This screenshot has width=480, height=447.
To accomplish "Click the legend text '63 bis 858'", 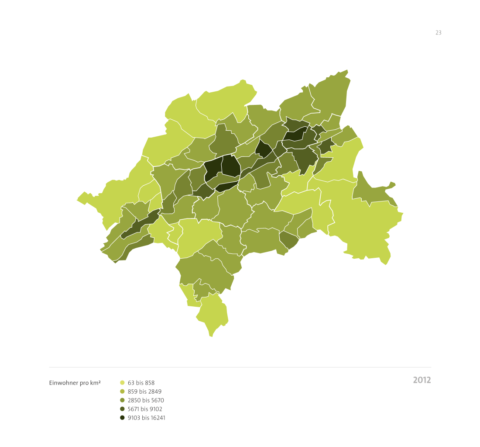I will pyautogui.click(x=141, y=383).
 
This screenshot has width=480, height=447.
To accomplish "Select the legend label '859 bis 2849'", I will pyautogui.click(x=144, y=392).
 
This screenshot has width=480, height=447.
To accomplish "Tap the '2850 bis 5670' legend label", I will pyautogui.click(x=146, y=400).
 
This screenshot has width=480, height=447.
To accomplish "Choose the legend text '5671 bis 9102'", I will pyautogui.click(x=146, y=409).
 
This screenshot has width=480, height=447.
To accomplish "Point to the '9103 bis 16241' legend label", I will pyautogui.click(x=146, y=418).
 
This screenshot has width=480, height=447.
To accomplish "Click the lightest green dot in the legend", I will pyautogui.click(x=122, y=383).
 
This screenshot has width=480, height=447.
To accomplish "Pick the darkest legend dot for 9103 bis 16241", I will pyautogui.click(x=122, y=418).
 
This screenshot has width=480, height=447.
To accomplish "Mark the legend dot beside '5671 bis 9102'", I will pyautogui.click(x=122, y=409).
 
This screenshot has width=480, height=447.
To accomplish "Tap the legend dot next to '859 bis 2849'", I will pyautogui.click(x=122, y=392).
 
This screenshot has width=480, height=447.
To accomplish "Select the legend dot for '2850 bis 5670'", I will pyautogui.click(x=122, y=400).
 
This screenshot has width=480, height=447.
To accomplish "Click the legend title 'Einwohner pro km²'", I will pyautogui.click(x=75, y=383).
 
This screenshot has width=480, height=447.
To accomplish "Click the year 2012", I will pyautogui.click(x=422, y=380).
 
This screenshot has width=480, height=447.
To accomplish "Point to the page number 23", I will pyautogui.click(x=438, y=32).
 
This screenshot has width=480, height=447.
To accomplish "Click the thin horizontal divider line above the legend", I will pyautogui.click(x=240, y=367).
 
